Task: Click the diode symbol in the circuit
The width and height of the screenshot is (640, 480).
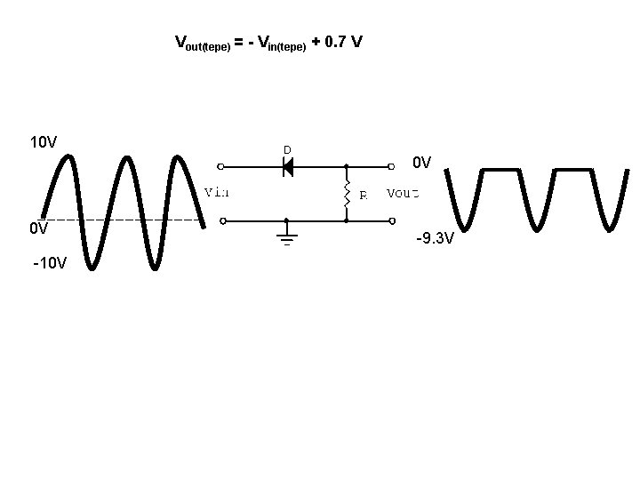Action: coord(287,166)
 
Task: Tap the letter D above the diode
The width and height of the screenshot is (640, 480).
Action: coord(287,149)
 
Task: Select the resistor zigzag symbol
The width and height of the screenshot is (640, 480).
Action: coord(346,193)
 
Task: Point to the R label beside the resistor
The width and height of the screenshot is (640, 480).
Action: coord(363,196)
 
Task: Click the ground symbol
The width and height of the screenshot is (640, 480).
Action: coord(286,236)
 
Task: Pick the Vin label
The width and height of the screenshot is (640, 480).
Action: coord(217,192)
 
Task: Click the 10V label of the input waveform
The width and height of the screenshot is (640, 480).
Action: coord(44,142)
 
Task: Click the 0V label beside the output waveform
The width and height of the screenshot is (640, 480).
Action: coord(421,163)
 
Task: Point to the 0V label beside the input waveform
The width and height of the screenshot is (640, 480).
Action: coord(38,228)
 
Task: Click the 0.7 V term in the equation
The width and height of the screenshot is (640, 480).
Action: coord(344,42)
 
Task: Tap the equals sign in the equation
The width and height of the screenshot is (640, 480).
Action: coord(239,42)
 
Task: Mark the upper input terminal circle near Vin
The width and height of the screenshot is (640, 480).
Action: coord(220,166)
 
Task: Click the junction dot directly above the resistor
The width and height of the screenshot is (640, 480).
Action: coord(346,166)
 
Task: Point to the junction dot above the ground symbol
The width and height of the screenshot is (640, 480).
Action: coord(286,220)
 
